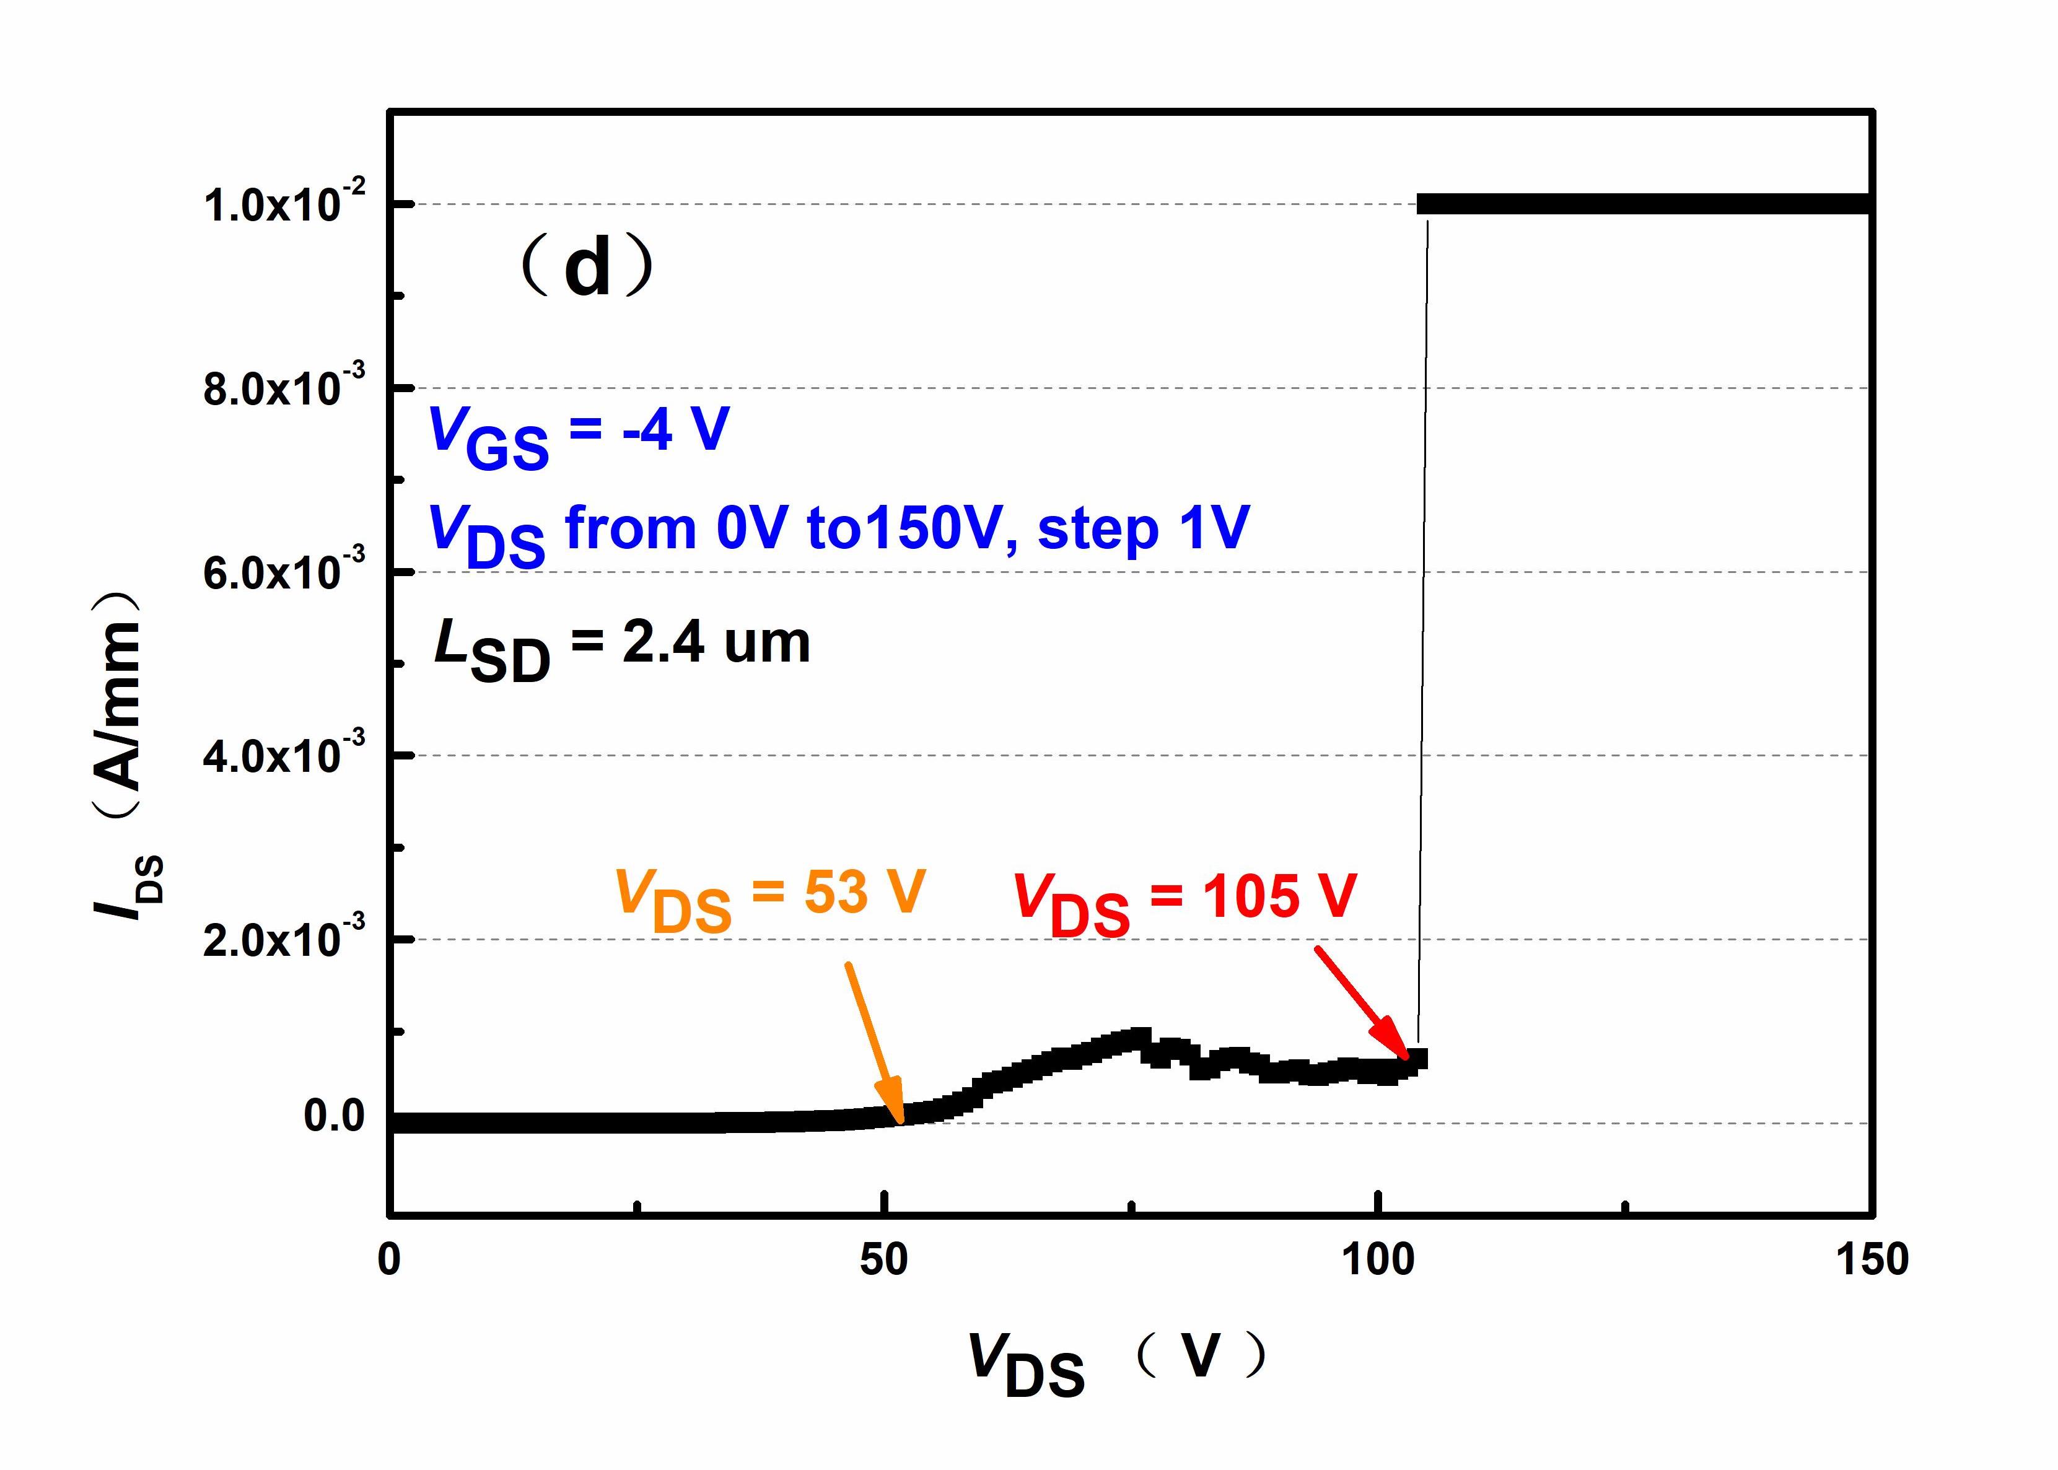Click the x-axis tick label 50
coord(883,1260)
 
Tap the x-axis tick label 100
coord(1377,1260)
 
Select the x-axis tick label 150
coord(1872,1260)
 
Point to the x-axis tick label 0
coord(389,1260)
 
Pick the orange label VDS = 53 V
coord(770,898)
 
